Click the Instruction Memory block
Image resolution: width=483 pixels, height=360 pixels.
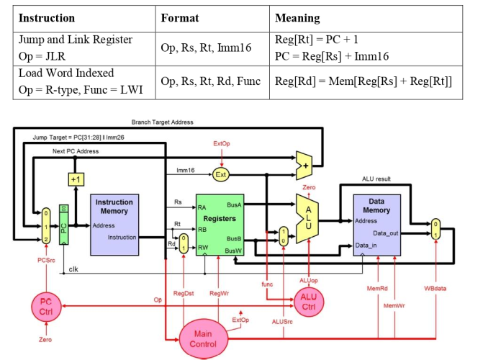coord(114,224)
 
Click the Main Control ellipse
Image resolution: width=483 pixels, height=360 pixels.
coord(203,338)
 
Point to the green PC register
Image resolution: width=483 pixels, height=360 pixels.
coord(63,225)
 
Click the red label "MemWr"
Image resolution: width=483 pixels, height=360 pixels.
coord(394,305)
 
